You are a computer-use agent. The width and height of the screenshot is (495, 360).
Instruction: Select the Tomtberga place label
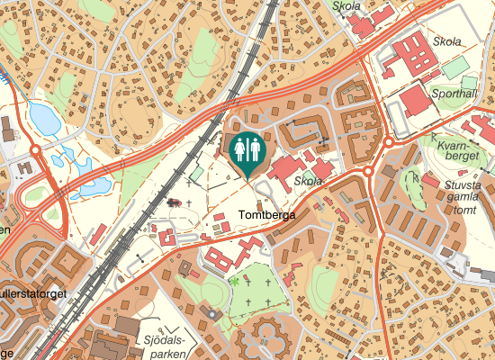coord(267,216)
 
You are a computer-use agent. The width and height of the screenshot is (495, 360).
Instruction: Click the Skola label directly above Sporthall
coord(447,41)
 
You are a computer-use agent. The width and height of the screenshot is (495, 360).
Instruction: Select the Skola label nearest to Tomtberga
coord(309,181)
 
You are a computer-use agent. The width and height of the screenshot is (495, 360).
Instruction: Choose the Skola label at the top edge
coord(346,5)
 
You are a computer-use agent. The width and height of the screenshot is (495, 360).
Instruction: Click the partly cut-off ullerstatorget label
coord(33,293)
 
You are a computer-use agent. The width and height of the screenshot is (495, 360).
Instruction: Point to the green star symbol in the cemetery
coord(234,282)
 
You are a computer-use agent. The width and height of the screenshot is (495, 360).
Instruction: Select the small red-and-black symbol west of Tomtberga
coord(174,202)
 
